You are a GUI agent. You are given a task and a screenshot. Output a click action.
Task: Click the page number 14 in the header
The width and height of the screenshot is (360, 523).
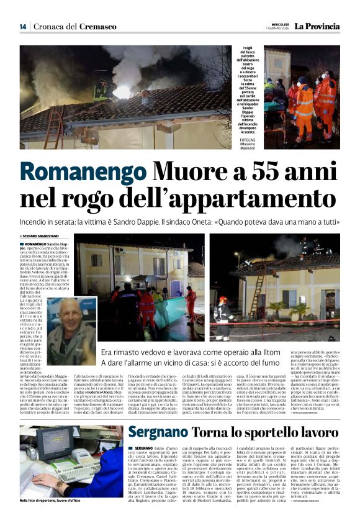23,27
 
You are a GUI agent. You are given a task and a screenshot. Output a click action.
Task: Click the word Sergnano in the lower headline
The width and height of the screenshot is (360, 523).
160,415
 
